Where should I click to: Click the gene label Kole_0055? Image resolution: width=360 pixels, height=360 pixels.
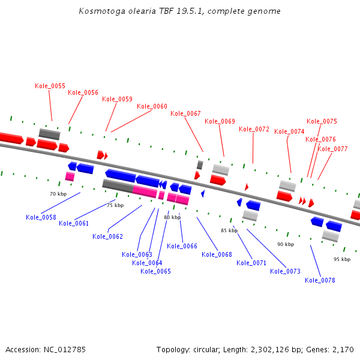click(50, 86)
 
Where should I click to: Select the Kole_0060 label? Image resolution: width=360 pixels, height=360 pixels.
click(152, 107)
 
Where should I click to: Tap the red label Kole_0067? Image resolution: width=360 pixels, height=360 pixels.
click(186, 114)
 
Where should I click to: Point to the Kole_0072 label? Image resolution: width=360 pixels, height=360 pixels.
click(254, 130)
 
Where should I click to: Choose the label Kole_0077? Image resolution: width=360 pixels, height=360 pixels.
click(333, 149)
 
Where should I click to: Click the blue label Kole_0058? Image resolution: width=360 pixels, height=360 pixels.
click(41, 218)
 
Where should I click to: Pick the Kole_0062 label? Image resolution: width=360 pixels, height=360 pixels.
click(108, 236)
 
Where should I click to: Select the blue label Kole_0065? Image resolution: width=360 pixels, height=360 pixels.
click(156, 272)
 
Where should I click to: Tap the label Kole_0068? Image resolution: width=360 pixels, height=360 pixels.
click(217, 255)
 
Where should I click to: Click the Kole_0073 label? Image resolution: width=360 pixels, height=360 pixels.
click(286, 272)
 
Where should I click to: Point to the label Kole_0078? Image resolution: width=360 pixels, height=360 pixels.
click(320, 281)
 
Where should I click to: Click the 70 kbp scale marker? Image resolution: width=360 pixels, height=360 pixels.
click(58, 194)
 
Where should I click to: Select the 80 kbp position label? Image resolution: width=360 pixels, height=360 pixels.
click(172, 218)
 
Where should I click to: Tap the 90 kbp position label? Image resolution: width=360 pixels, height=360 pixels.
click(286, 245)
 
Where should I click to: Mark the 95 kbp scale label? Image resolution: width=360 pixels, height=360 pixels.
click(342, 259)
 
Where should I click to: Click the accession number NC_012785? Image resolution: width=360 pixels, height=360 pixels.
click(64, 349)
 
